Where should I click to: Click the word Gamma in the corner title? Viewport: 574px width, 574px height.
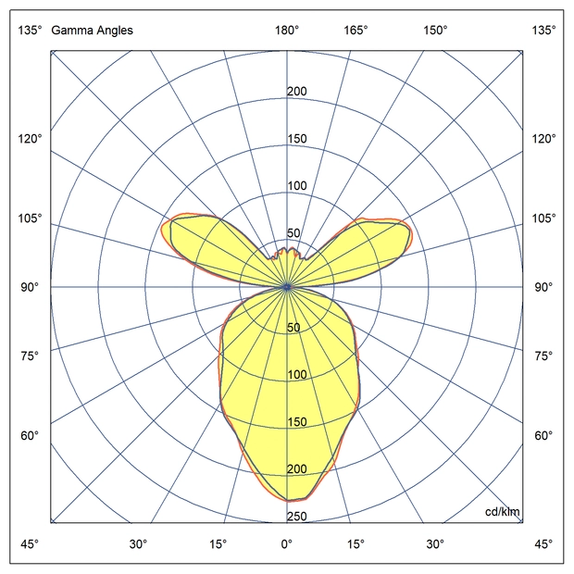(x=69, y=30)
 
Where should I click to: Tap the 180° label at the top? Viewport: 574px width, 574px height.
(x=287, y=30)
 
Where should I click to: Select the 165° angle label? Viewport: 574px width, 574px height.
(x=357, y=30)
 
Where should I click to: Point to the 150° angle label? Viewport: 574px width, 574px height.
(x=435, y=30)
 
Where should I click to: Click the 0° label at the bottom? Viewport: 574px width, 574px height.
(x=287, y=543)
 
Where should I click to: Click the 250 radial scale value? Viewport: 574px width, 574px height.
(x=297, y=517)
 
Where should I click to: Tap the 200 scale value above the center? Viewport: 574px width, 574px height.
(x=297, y=92)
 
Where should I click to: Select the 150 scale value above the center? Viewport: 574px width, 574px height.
(x=297, y=139)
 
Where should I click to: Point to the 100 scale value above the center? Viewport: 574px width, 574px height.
(x=297, y=186)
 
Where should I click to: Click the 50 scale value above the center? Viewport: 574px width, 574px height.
(x=294, y=233)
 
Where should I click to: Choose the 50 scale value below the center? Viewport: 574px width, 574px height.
(x=294, y=328)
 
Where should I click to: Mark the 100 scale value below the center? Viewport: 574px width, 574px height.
(x=297, y=375)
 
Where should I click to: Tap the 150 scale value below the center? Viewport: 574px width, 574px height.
(x=297, y=422)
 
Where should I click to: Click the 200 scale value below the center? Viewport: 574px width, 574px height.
(x=297, y=469)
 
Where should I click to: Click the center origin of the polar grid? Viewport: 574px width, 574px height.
(x=287, y=287)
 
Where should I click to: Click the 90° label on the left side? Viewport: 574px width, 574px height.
(x=31, y=287)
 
